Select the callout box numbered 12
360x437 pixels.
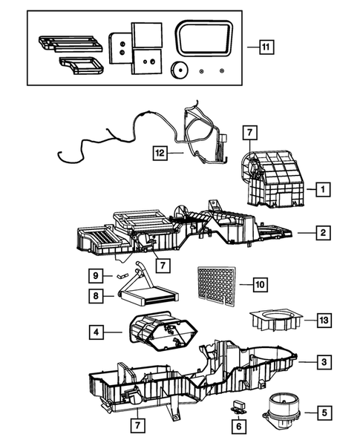pyautogui.click(x=159, y=153)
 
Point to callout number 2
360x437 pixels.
pyautogui.click(x=322, y=233)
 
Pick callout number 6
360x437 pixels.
pyautogui.click(x=238, y=427)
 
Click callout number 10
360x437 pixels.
pyautogui.click(x=258, y=283)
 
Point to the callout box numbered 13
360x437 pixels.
pyautogui.click(x=323, y=321)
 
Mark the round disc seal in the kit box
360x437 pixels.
pyautogui.click(x=177, y=70)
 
